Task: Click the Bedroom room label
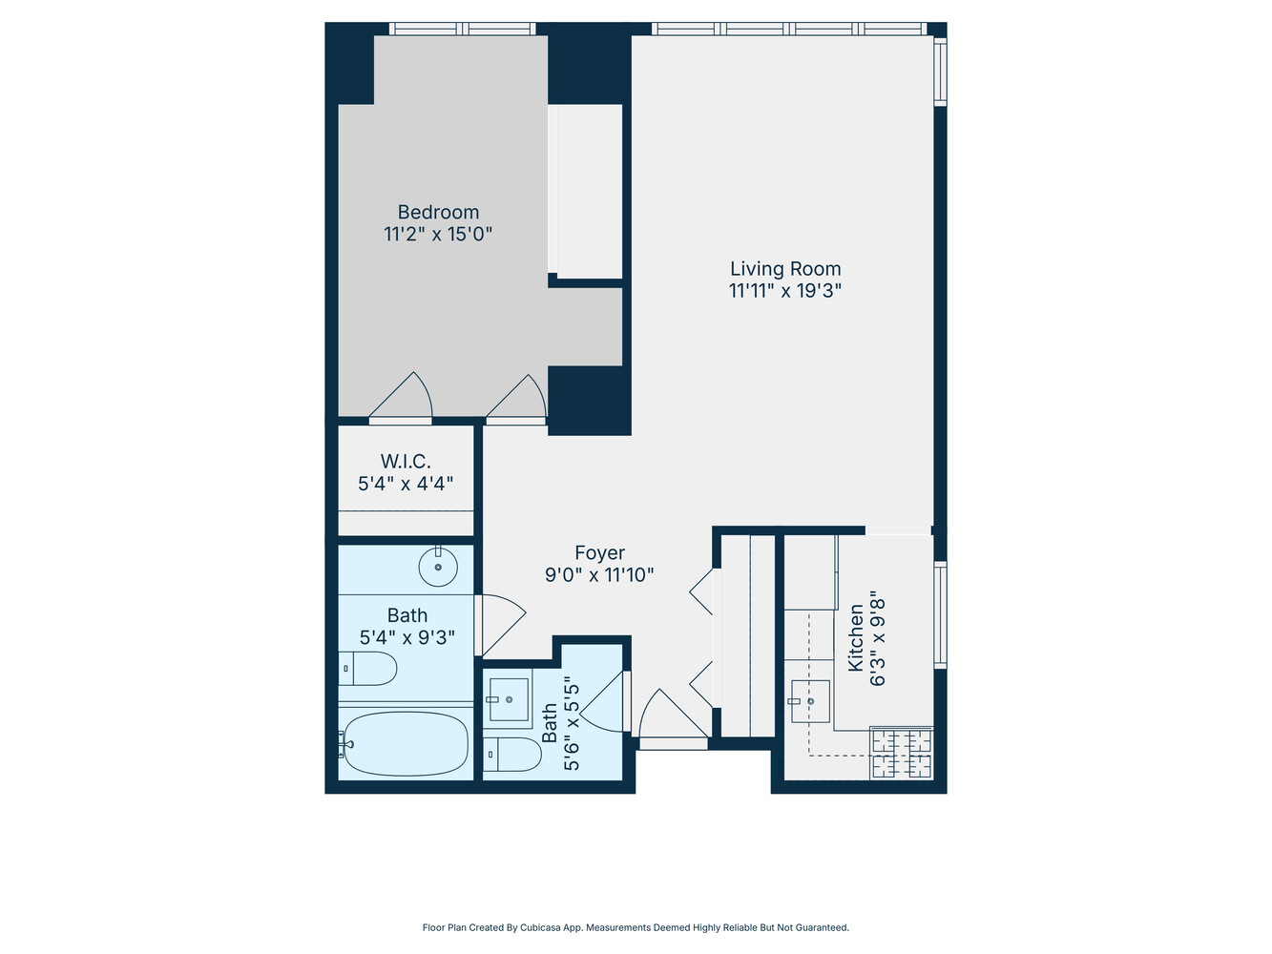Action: (x=438, y=212)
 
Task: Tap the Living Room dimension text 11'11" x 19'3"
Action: (x=784, y=290)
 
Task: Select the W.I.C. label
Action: (x=406, y=461)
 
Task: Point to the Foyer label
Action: (x=600, y=552)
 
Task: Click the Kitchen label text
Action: (x=856, y=637)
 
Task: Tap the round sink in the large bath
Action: (x=438, y=567)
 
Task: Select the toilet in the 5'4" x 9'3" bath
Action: (x=367, y=669)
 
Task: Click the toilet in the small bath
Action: (x=512, y=755)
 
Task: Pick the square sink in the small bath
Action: (x=509, y=699)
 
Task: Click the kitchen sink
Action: (x=810, y=701)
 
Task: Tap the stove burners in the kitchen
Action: (x=902, y=753)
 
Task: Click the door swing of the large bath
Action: (x=501, y=625)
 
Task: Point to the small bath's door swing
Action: (x=603, y=701)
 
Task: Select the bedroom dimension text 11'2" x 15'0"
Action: (x=438, y=234)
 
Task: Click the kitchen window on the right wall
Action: (x=941, y=614)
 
